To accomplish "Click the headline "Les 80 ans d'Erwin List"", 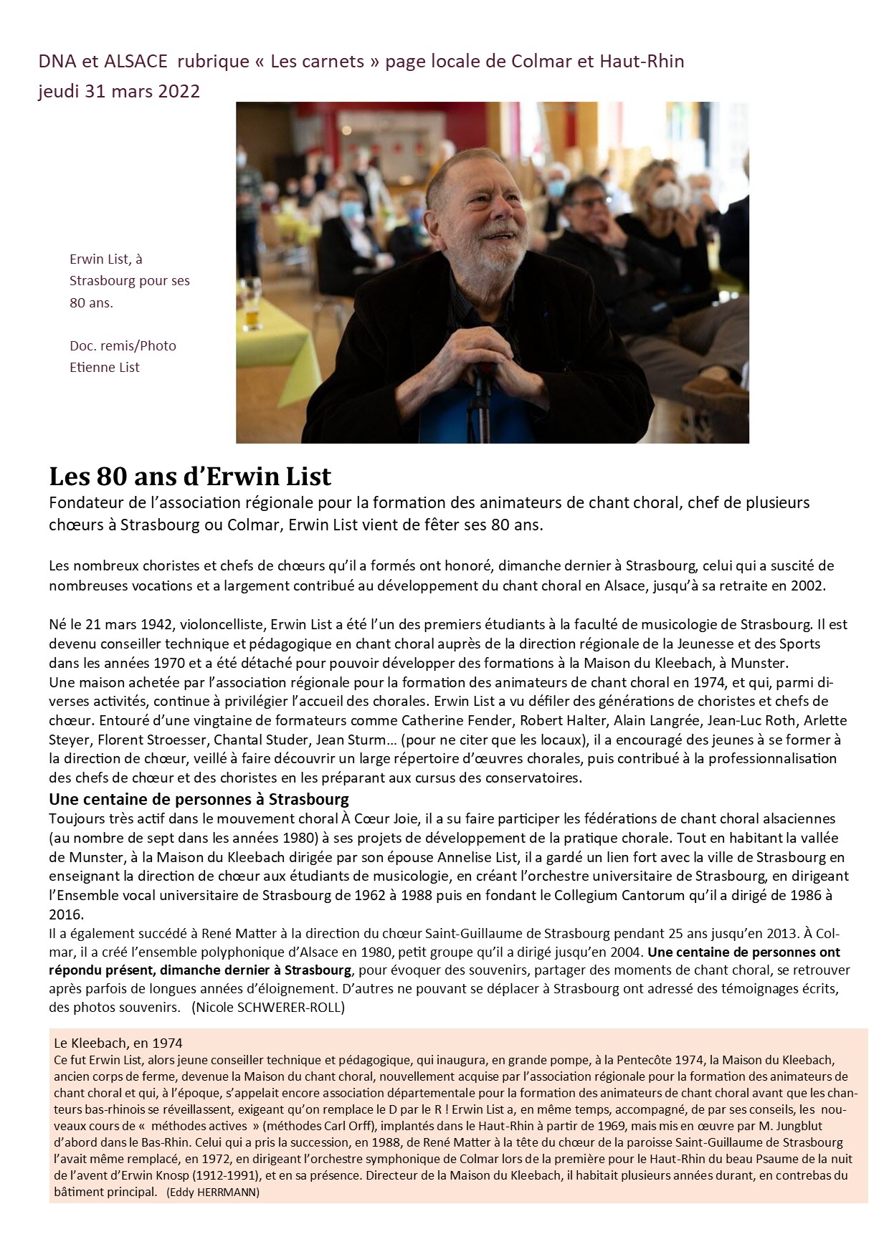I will (190, 477).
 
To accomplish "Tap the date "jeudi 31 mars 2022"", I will (119, 91).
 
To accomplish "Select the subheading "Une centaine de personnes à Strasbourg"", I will (199, 799).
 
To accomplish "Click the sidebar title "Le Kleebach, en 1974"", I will (118, 1043).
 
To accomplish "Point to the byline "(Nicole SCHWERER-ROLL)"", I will (268, 1007).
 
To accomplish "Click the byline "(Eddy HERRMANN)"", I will (212, 1193).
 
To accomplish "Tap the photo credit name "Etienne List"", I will (105, 368).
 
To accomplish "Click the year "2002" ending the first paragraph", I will (808, 585).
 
